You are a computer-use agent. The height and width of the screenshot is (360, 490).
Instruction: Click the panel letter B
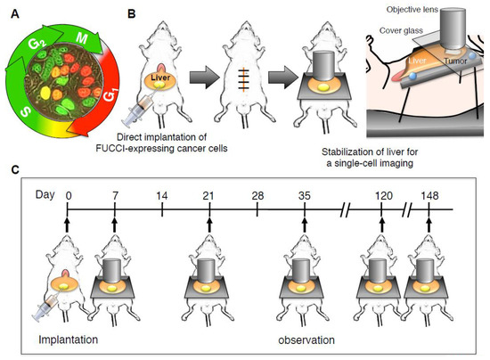coord(133,12)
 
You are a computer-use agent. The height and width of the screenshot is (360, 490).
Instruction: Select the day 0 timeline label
coord(69,194)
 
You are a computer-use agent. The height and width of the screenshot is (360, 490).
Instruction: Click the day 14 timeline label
coord(162,194)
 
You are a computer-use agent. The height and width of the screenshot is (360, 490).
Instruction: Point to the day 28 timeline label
coord(257,194)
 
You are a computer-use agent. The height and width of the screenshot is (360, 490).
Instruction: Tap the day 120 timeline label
coord(381,194)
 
